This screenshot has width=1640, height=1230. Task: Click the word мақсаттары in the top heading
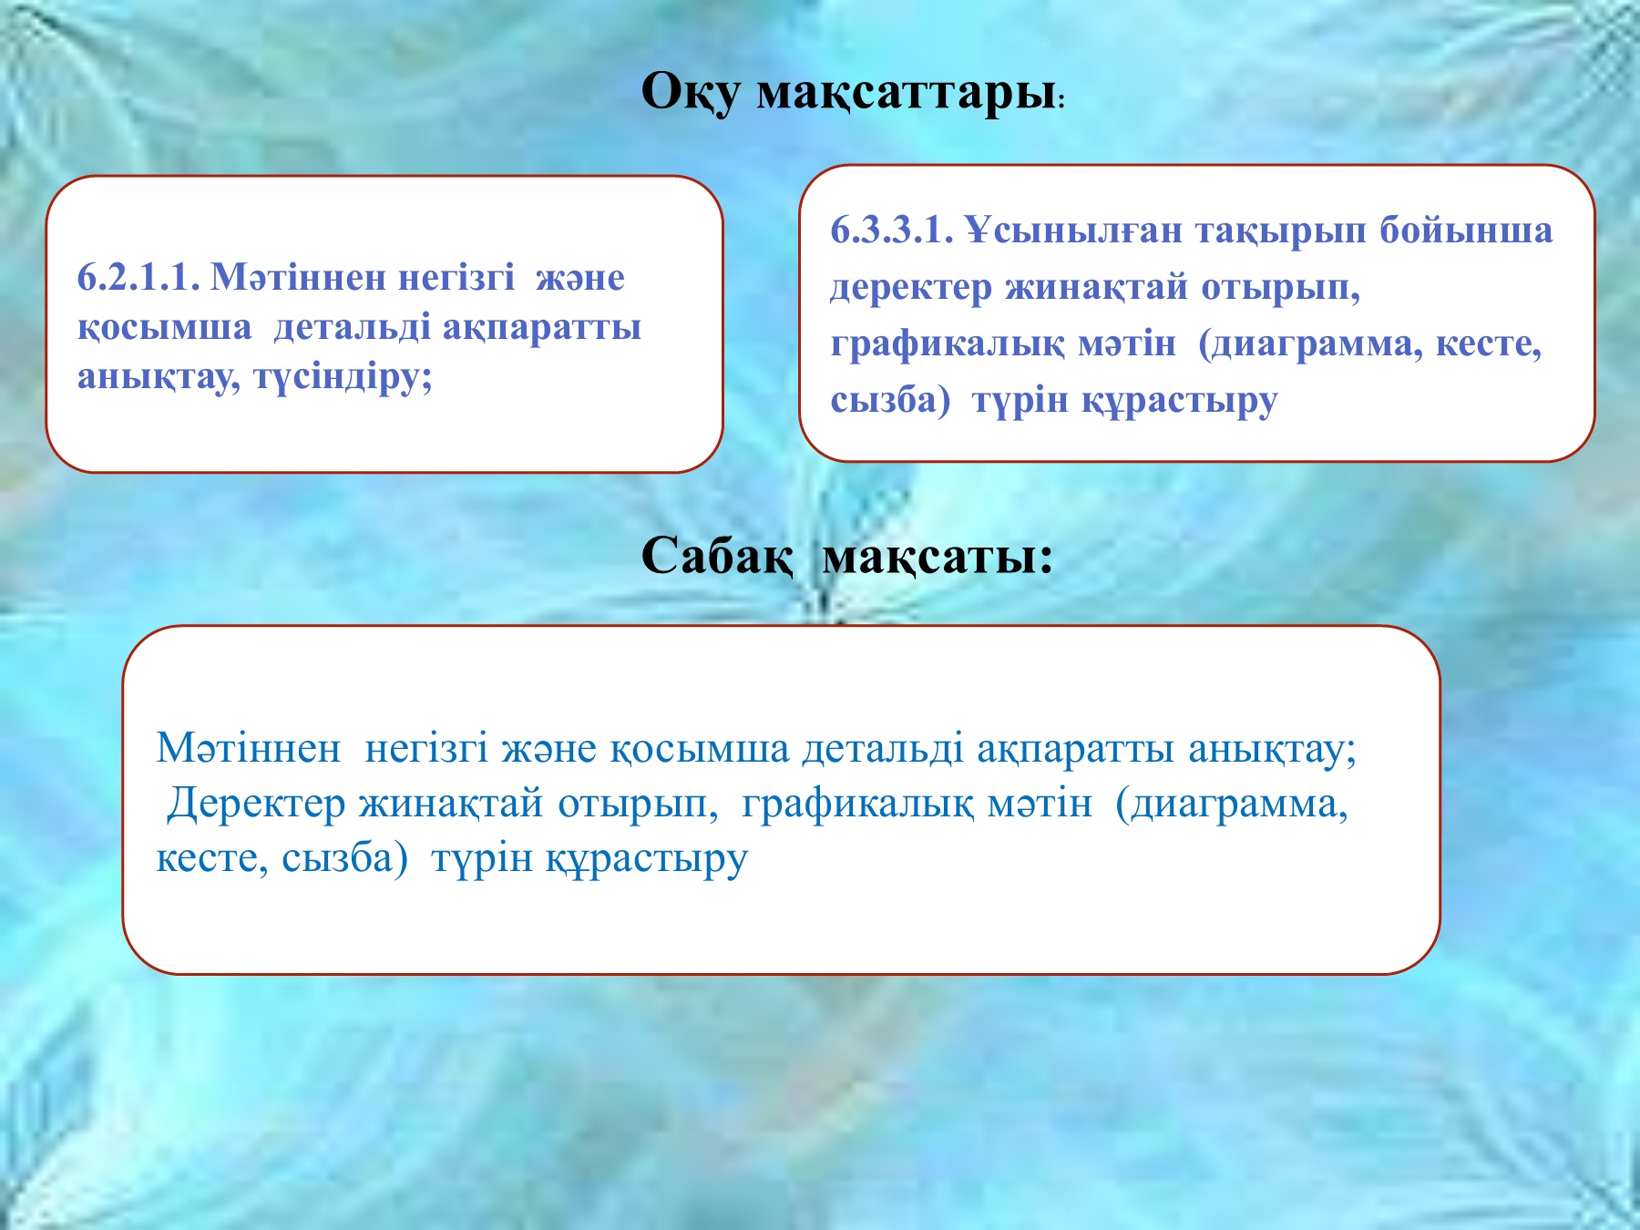tap(906, 93)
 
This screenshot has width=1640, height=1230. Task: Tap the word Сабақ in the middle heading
tap(716, 555)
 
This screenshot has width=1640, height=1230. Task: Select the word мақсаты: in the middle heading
tap(938, 555)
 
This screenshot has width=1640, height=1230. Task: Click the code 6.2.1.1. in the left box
tap(138, 278)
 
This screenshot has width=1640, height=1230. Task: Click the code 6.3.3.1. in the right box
tap(891, 231)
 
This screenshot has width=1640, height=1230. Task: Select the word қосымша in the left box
tap(164, 327)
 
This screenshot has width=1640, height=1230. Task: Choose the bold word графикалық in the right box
tap(947, 344)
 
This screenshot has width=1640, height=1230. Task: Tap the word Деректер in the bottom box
tap(256, 804)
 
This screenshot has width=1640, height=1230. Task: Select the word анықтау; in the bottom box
tap(1272, 749)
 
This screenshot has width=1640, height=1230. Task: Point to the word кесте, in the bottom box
tap(211, 858)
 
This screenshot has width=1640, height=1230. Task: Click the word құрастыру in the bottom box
tap(647, 858)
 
